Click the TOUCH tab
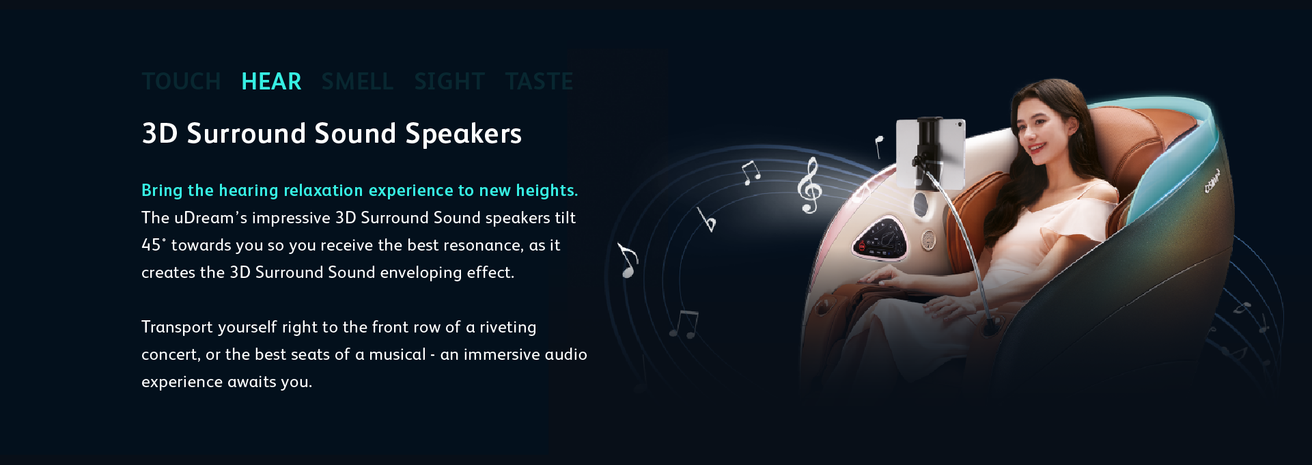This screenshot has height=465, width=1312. coord(181,81)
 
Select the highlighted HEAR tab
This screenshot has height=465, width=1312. coord(271,81)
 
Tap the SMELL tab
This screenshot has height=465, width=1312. coord(357,81)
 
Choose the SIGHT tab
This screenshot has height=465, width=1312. coord(449,81)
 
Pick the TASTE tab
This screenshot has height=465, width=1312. coord(539,81)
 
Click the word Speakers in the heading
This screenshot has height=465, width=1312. coord(463,134)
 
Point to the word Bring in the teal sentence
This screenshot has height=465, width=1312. coord(162,191)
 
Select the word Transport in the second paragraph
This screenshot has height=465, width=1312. coord(177,327)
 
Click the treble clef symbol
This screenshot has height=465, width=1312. coord(809,185)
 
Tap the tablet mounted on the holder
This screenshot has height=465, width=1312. coord(930,154)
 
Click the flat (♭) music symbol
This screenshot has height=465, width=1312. coord(707,220)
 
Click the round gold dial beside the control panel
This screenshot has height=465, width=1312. coord(928,240)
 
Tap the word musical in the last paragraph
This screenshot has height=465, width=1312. coord(397,354)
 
